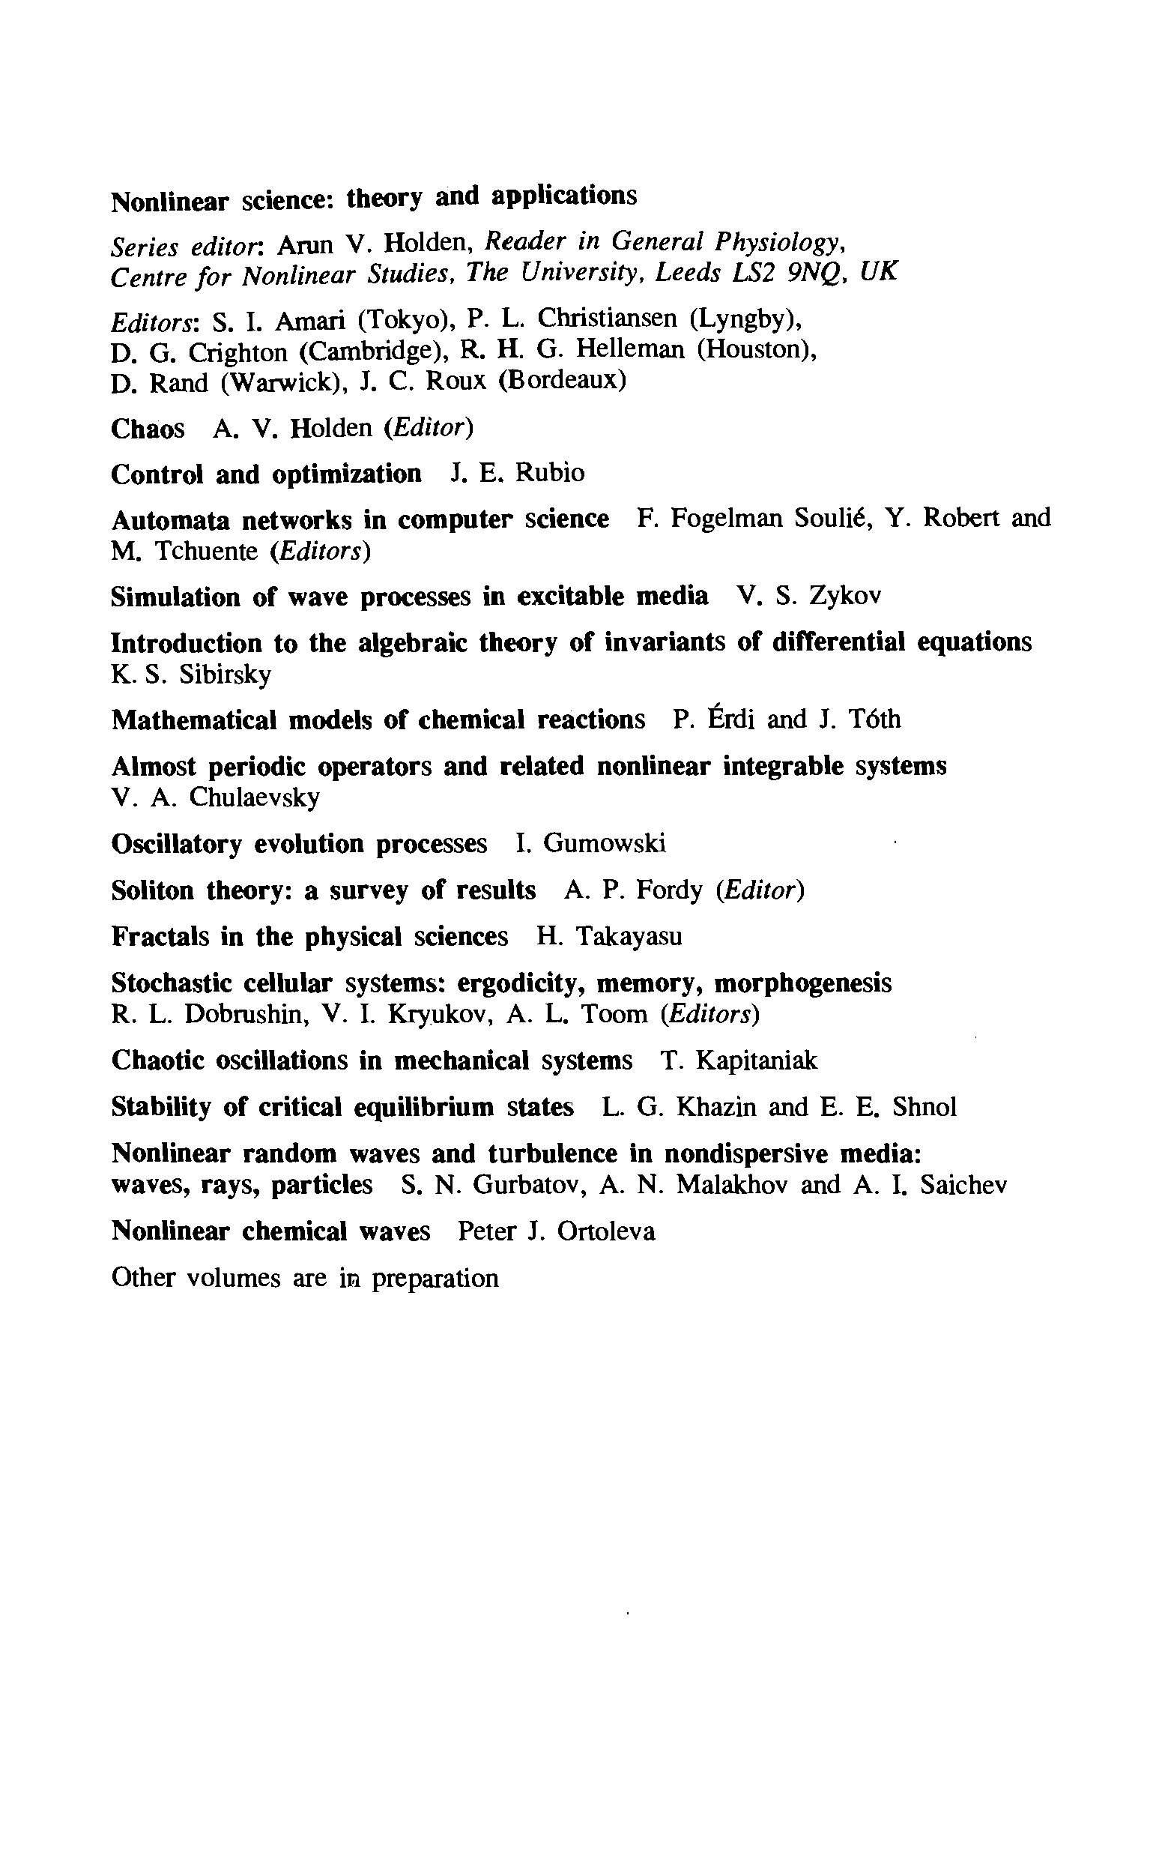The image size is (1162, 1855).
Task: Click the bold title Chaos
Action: pos(148,429)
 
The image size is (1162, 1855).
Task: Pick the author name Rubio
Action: pos(549,473)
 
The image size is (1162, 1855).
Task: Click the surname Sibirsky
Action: pos(226,675)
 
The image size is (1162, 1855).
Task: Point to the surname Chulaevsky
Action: pos(255,798)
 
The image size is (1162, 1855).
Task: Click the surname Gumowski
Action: pos(604,844)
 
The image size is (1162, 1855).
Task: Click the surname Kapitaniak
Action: pos(757,1061)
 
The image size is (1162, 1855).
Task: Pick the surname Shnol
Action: pos(925,1107)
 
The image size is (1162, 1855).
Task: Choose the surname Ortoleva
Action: pos(606,1231)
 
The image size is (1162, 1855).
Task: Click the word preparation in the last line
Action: pos(436,1279)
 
